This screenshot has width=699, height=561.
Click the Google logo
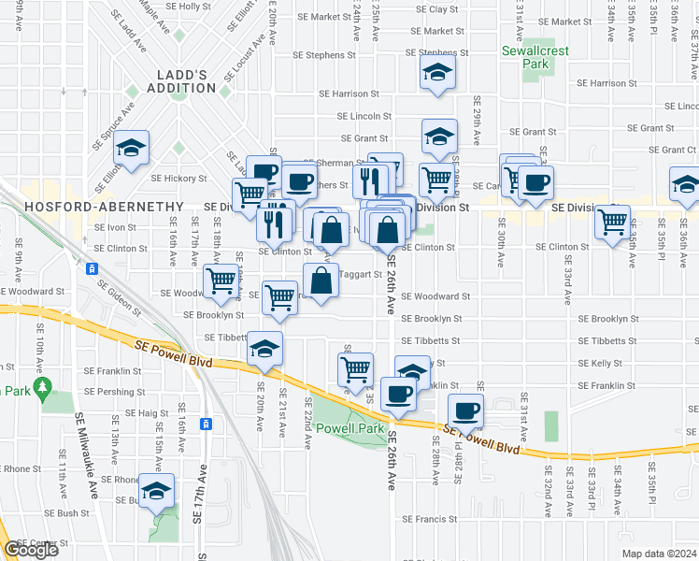(31, 550)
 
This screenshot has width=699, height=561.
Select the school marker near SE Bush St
(156, 490)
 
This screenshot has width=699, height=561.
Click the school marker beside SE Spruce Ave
(133, 147)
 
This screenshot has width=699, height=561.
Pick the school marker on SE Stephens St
(435, 72)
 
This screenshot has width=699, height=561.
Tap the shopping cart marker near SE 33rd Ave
(612, 223)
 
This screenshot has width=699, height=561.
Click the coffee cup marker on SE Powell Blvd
(464, 409)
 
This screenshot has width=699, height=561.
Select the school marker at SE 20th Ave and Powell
(264, 350)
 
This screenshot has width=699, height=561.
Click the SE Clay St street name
(437, 9)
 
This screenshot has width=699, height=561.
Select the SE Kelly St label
(601, 364)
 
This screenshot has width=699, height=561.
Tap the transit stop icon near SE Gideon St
(92, 269)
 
